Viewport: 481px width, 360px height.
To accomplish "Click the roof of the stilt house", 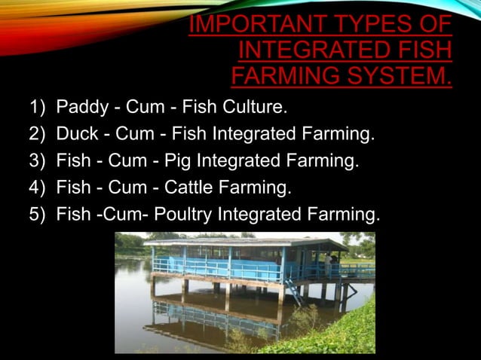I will (x=241, y=243).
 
